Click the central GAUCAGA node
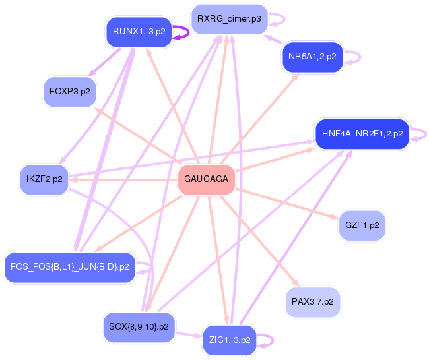pyautogui.click(x=207, y=179)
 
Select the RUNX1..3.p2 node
pyautogui.click(x=139, y=32)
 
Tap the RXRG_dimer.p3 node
pyautogui.click(x=229, y=19)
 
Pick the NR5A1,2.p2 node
pyautogui.click(x=312, y=57)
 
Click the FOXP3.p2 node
pyautogui.click(x=70, y=92)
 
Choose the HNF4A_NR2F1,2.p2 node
pyautogui.click(x=362, y=134)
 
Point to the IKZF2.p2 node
pyautogui.click(x=44, y=179)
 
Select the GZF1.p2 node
pyautogui.click(x=362, y=225)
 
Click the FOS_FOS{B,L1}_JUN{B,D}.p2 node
pyautogui.click(x=70, y=267)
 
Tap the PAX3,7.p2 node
pyautogui.click(x=312, y=302)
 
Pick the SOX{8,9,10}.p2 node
pyautogui.click(x=139, y=327)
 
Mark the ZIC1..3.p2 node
pyautogui.click(x=230, y=340)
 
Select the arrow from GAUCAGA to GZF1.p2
pyautogui.click(x=287, y=203)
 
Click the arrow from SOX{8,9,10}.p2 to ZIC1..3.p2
pyautogui.click(x=189, y=334)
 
